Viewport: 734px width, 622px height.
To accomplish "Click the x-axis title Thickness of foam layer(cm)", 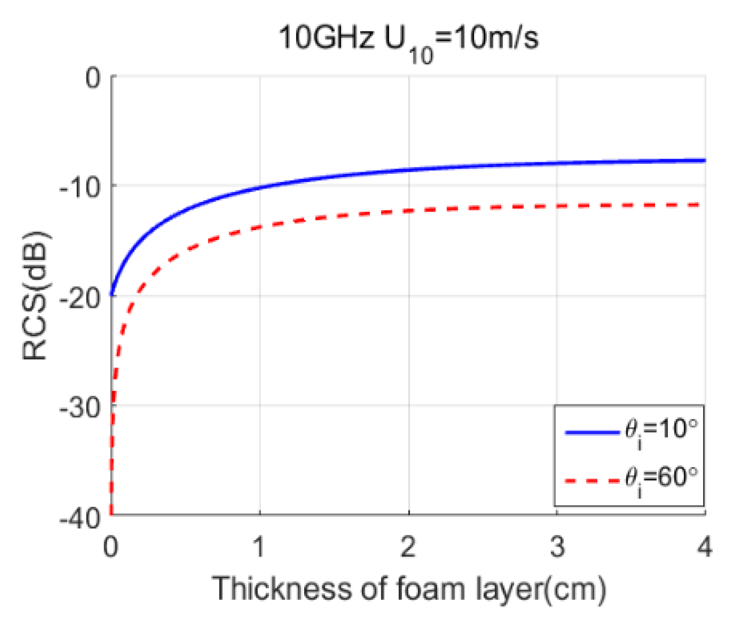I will pyautogui.click(x=408, y=589).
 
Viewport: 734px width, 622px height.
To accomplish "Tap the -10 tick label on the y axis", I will pyautogui.click(x=80, y=186).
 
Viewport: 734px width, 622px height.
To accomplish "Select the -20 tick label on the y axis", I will pyautogui.click(x=80, y=296).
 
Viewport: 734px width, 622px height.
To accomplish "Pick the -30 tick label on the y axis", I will pyautogui.click(x=80, y=406).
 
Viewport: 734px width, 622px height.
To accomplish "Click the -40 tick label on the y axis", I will pyautogui.click(x=80, y=516).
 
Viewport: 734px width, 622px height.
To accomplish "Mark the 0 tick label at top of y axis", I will pyautogui.click(x=93, y=77).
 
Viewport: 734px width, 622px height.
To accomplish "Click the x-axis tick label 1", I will pyautogui.click(x=259, y=546).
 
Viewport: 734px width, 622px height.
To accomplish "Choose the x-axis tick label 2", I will pyautogui.click(x=408, y=546).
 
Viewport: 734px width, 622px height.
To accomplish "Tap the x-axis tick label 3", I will pyautogui.click(x=557, y=546).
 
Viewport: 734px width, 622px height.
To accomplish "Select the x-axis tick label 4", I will pyautogui.click(x=704, y=546).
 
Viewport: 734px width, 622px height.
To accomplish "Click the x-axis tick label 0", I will pyautogui.click(x=110, y=546).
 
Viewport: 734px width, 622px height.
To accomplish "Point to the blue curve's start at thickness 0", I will pyautogui.click(x=111, y=295).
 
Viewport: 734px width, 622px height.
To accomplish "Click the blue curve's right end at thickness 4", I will pyautogui.click(x=704, y=161).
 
